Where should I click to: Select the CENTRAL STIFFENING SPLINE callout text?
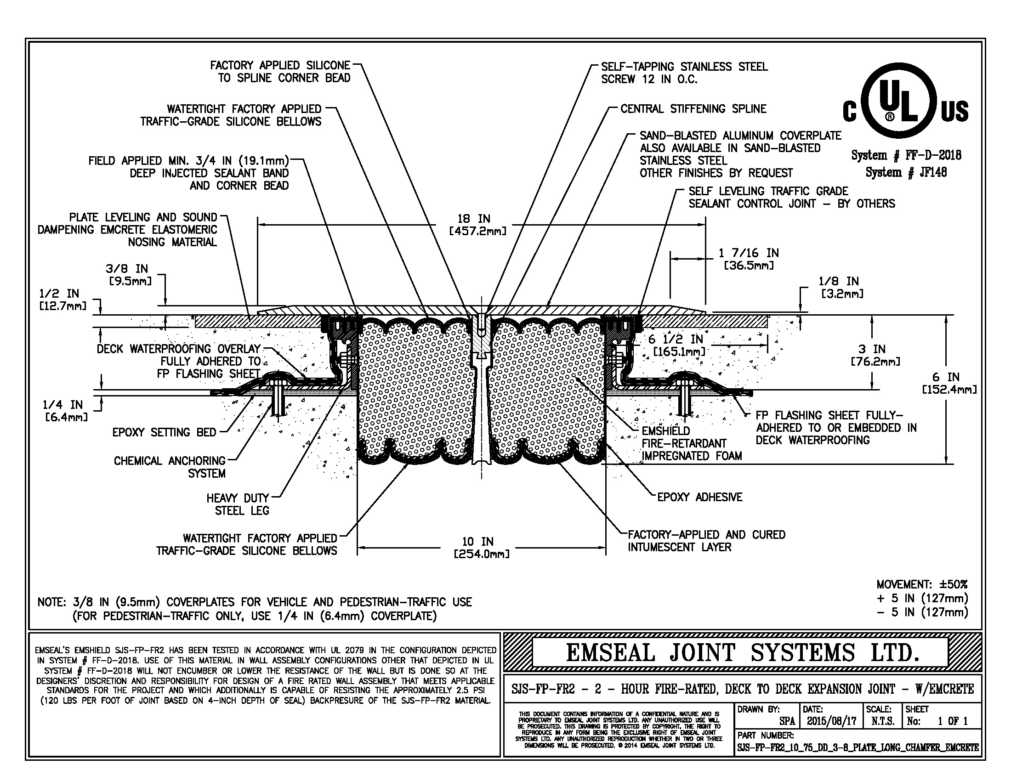pyautogui.click(x=693, y=109)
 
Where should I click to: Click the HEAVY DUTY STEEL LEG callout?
pyautogui.click(x=238, y=504)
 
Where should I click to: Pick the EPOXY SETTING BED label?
pyautogui.click(x=164, y=433)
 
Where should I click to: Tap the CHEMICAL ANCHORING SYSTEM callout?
pyautogui.click(x=170, y=467)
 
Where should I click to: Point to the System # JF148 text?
pyautogui.click(x=906, y=173)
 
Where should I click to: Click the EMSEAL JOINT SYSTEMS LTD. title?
pyautogui.click(x=742, y=653)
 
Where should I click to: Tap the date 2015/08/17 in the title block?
pyautogui.click(x=831, y=721)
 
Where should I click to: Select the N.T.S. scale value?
pyautogui.click(x=882, y=721)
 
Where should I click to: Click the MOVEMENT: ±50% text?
pyautogui.click(x=922, y=584)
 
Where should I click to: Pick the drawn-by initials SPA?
pyautogui.click(x=787, y=721)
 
